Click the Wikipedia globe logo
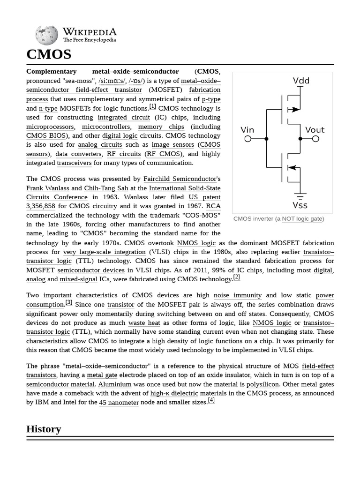pos(46,35)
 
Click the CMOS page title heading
pos(49,54)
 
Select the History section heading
pos(44,429)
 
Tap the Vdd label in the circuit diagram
pos(301,81)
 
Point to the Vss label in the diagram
pos(300,205)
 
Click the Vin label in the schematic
pos(247,130)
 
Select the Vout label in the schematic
pos(315,130)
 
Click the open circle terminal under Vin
pos(248,139)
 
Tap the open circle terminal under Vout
pos(315,139)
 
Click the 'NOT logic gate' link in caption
pos(302,219)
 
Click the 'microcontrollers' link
pos(105,127)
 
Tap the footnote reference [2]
pos(236,277)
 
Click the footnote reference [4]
pos(211,400)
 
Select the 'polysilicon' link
pos(262,384)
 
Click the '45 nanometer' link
pos(119,403)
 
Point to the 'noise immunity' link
pos(237,295)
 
